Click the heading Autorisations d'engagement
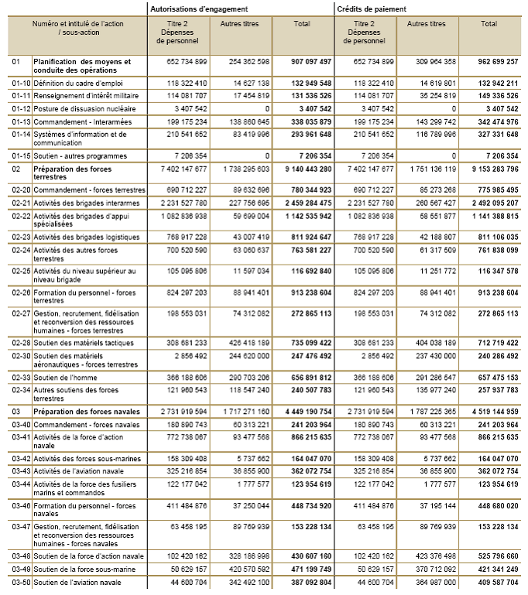[x=197, y=9]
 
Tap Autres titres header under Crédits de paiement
[x=427, y=24]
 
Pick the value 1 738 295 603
[x=245, y=168]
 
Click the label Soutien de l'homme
[x=64, y=377]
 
